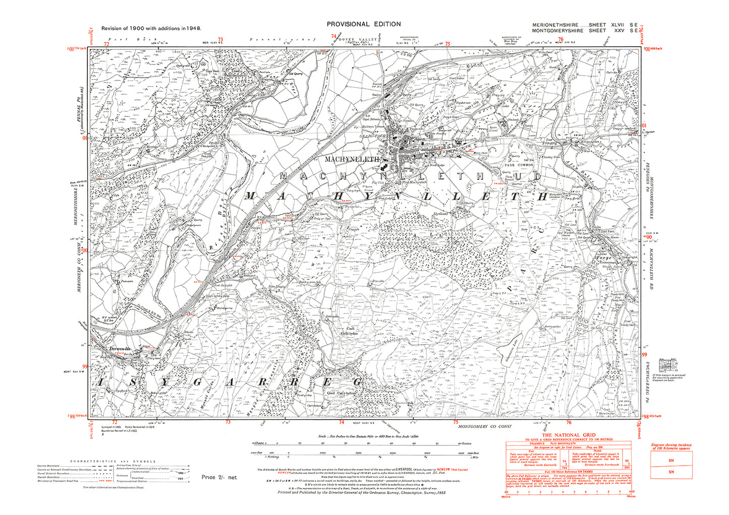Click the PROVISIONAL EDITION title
point(363,24)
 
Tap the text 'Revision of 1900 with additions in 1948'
point(151,29)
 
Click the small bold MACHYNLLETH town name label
point(352,159)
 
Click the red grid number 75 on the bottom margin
point(455,422)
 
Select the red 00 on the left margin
point(85,250)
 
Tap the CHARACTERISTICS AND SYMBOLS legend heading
point(113,462)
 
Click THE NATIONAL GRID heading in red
point(569,435)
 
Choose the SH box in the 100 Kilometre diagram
point(671,458)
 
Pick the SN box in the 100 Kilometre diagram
point(671,472)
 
